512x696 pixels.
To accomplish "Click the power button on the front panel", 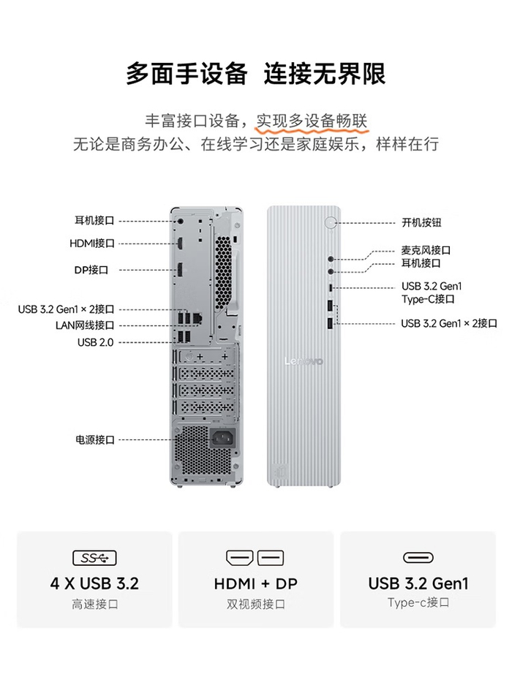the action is click(x=331, y=222).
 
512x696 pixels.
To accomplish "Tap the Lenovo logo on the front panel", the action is click(x=304, y=361).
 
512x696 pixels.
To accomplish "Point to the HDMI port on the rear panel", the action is click(x=180, y=243).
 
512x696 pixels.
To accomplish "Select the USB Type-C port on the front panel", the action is click(x=330, y=287).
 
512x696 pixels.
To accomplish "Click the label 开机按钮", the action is click(x=421, y=222).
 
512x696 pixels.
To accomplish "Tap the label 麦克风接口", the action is click(x=426, y=250).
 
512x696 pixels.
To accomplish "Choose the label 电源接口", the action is click(x=95, y=440).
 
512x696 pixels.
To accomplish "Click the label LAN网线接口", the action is click(x=85, y=325).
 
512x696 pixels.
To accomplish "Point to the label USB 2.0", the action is click(x=96, y=342).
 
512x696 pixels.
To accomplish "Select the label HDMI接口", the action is click(x=92, y=243).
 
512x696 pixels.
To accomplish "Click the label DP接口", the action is click(x=91, y=270).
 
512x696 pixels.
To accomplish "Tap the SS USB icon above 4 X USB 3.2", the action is click(x=94, y=558).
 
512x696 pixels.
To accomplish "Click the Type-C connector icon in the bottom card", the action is click(x=418, y=557).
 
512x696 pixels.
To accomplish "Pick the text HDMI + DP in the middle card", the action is click(x=256, y=583).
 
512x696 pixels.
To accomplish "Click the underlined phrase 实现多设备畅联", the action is click(x=312, y=121).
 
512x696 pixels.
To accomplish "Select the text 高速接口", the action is click(x=95, y=604).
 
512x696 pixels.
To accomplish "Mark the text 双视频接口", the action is click(x=256, y=604).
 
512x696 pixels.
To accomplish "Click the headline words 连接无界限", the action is click(x=325, y=74).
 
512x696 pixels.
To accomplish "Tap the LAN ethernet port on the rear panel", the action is click(x=198, y=317).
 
